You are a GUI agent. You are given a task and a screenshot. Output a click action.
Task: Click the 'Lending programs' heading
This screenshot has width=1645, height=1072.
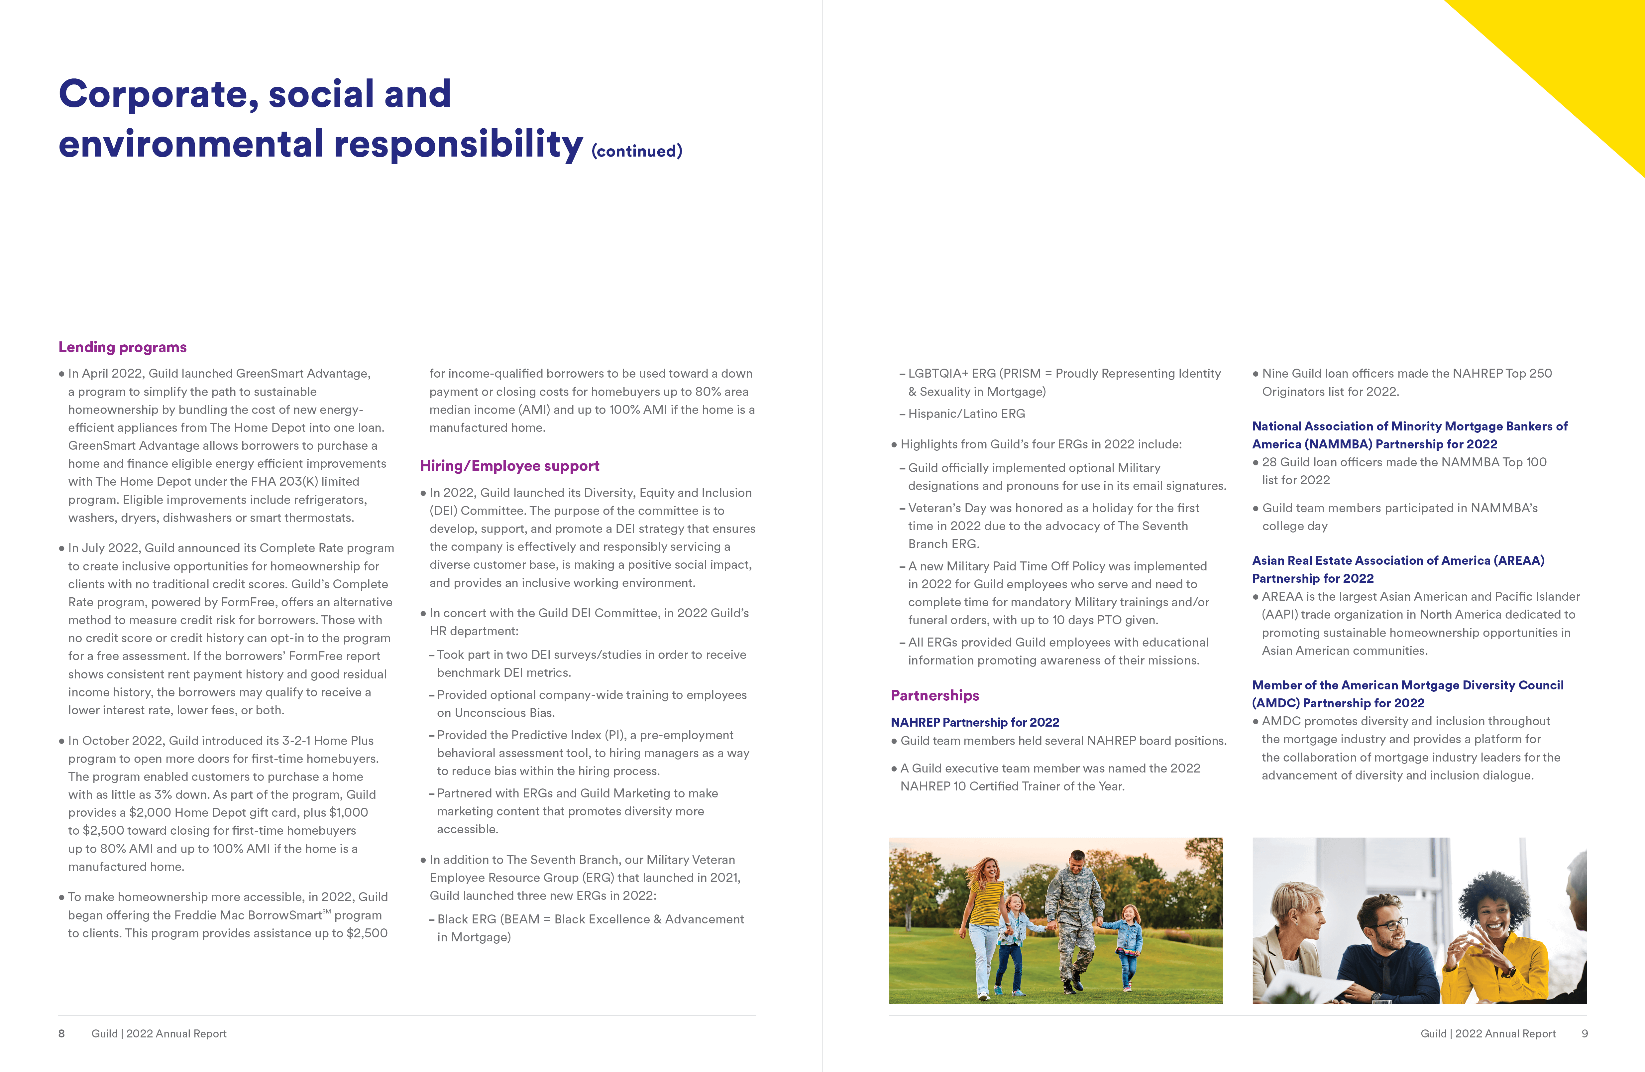[x=122, y=347]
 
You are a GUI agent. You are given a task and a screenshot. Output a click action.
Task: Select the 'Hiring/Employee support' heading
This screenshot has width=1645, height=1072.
[x=509, y=466]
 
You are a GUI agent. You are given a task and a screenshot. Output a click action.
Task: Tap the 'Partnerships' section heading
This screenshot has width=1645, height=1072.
[x=934, y=695]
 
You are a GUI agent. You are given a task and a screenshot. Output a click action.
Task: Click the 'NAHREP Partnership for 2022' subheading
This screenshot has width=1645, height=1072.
[x=975, y=722]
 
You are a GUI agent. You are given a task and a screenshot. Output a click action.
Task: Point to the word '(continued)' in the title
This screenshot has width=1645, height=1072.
[x=637, y=151]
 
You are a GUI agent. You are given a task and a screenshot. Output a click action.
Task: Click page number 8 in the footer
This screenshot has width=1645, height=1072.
[x=61, y=1033]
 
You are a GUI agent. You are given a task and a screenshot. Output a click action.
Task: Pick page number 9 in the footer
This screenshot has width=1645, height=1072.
[x=1584, y=1033]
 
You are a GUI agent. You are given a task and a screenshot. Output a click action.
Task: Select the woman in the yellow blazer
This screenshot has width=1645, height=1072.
[x=1496, y=940]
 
